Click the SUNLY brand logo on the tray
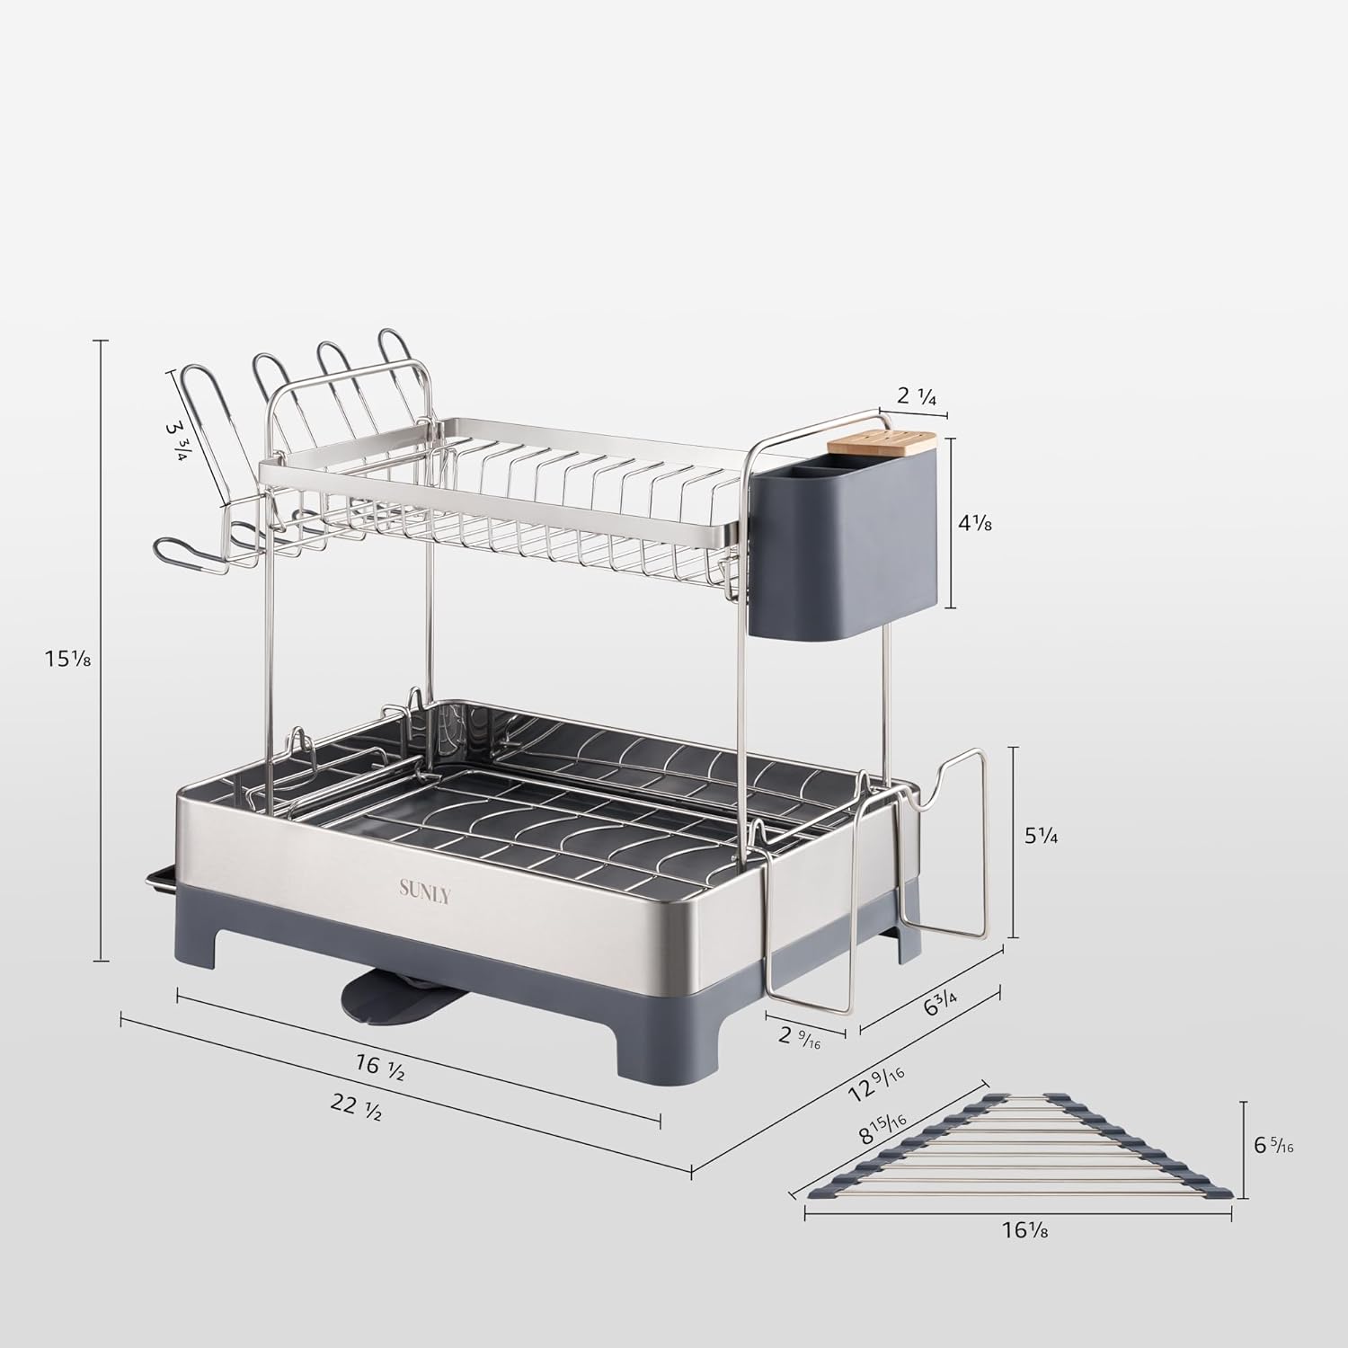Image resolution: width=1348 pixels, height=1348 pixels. pos(425,891)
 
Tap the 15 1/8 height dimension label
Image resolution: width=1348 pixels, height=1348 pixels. pos(68,659)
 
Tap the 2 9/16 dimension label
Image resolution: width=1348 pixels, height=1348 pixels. pos(799,1040)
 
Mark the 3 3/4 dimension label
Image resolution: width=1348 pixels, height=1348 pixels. pos(177,439)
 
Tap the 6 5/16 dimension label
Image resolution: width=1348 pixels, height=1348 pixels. pos(1273,1147)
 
